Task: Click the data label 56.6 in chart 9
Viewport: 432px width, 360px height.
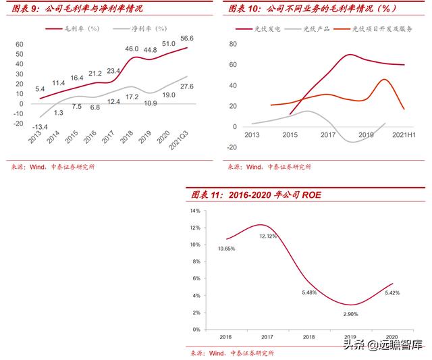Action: tap(187, 38)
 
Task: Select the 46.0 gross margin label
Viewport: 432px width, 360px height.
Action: tap(132, 49)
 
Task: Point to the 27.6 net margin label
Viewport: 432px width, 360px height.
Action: tap(186, 87)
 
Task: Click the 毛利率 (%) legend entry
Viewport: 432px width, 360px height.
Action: tap(75, 29)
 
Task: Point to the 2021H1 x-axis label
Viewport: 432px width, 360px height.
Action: tap(402, 135)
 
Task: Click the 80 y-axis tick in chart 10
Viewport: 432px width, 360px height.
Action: tap(234, 44)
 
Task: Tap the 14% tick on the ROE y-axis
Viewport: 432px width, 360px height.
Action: tap(196, 211)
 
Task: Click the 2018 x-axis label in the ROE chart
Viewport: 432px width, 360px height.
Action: tap(308, 336)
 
